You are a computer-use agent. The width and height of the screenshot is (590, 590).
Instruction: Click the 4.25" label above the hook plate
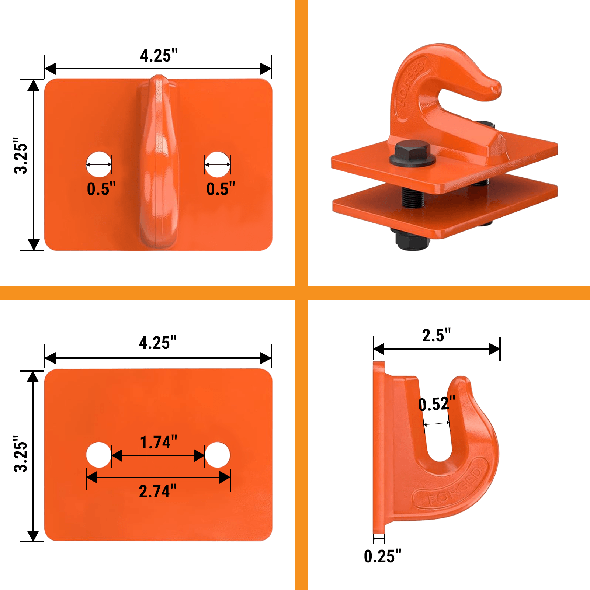159,56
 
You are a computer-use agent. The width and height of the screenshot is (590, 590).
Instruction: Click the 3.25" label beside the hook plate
21,156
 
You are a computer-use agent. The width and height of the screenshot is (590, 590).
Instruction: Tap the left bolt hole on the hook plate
99,164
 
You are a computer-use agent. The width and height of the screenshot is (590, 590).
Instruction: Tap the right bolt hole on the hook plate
218,164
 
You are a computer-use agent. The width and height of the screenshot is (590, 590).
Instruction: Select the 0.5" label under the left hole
101,189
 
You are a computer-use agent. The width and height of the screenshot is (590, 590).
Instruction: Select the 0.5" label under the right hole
221,189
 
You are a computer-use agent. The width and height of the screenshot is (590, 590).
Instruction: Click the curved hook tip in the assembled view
487,88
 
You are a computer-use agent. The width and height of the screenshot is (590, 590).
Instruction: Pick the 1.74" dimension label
159,442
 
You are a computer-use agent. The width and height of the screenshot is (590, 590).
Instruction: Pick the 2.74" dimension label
157,492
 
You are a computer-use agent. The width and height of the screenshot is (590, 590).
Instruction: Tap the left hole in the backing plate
99,455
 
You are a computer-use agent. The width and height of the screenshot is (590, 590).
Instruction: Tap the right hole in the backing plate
218,455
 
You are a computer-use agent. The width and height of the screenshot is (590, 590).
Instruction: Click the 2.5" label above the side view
436,336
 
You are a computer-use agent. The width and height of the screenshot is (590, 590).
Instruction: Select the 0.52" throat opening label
437,404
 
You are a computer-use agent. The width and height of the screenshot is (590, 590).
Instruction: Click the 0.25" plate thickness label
382,556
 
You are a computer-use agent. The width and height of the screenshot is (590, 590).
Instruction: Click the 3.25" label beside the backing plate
21,454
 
